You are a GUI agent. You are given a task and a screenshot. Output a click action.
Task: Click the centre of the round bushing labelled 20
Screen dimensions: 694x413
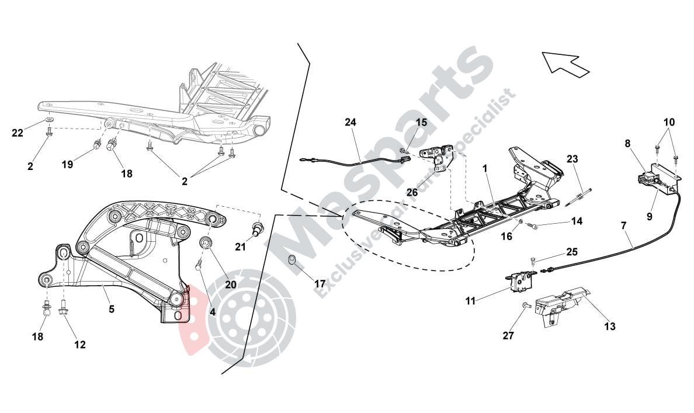206,243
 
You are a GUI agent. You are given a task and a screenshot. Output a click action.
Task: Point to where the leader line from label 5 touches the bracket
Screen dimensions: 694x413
103,286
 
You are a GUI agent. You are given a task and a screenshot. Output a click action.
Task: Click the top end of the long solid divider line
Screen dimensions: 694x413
298,43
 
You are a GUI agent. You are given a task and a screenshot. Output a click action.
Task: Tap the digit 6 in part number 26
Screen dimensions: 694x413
415,193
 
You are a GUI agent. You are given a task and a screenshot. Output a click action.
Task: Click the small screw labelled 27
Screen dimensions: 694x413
525,305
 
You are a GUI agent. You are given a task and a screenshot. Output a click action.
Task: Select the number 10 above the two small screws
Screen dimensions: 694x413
669,122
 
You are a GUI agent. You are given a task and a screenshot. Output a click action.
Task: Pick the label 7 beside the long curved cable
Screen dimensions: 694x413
624,225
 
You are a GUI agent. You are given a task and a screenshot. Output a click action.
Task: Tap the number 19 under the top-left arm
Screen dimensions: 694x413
67,165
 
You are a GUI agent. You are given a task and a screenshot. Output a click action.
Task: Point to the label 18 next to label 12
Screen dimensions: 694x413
38,336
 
